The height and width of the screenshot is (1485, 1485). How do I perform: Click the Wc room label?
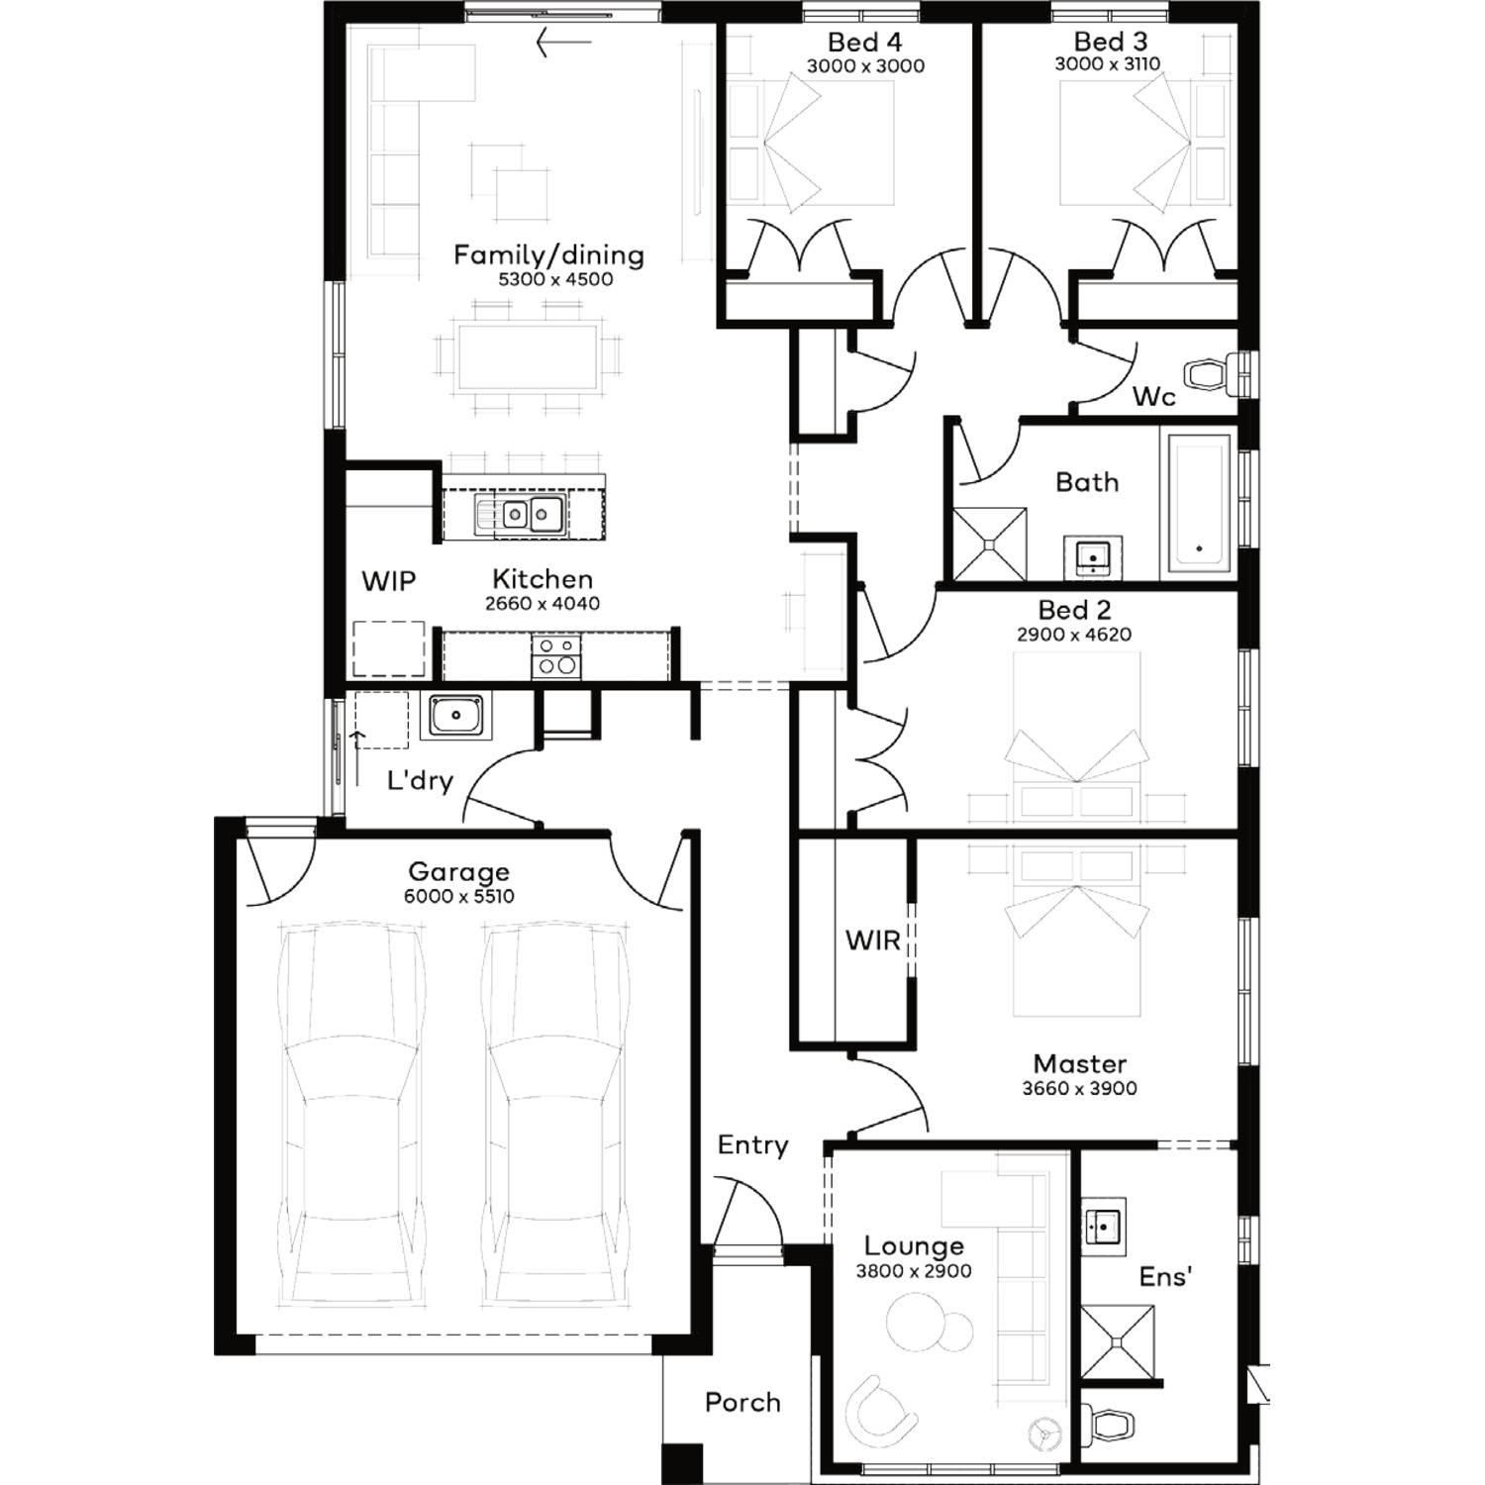[1153, 397]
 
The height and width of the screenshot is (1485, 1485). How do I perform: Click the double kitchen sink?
[519, 515]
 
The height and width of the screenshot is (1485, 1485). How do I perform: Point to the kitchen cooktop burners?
[556, 655]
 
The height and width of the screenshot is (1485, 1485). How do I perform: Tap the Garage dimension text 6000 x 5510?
[458, 897]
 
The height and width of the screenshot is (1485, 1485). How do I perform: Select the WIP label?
[388, 581]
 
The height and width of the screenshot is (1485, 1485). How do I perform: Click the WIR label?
[872, 940]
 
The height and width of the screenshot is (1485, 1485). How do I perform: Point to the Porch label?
[742, 1402]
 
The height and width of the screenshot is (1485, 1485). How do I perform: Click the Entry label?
[752, 1145]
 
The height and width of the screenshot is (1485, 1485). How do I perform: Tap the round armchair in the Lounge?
[878, 1405]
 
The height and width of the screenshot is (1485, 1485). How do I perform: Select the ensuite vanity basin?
[1103, 1227]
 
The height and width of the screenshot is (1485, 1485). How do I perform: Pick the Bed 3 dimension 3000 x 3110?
[1108, 65]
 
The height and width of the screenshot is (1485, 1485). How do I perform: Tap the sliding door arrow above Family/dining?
[563, 43]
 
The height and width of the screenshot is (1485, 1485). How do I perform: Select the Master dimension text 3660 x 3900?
[1079, 1089]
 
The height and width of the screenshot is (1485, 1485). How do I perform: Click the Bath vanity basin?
[1092, 556]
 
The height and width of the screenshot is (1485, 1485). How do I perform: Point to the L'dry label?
[420, 781]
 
